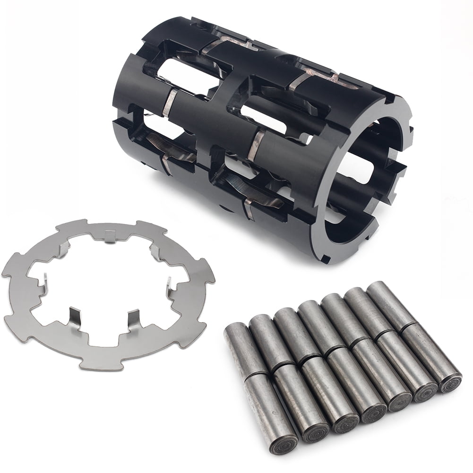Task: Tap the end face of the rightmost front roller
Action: pos(448,382)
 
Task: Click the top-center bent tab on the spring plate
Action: pos(110,236)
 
